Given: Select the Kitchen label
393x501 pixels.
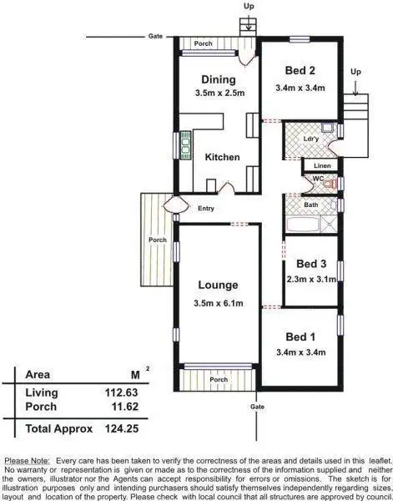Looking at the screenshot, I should coord(223,157).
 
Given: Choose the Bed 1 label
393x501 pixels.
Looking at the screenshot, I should coord(300,336).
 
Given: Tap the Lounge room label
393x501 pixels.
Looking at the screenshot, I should coord(218,285).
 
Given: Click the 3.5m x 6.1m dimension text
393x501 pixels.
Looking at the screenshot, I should coord(218,303).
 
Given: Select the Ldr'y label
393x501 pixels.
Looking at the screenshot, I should coord(310,137).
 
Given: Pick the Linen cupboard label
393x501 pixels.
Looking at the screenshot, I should coord(320,166).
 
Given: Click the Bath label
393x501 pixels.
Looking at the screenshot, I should coord(310,205).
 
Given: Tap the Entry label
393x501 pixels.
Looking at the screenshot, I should coord(205,209).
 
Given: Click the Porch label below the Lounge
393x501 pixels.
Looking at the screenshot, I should coord(219,380).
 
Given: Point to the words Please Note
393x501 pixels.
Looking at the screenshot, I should coord(28,460).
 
